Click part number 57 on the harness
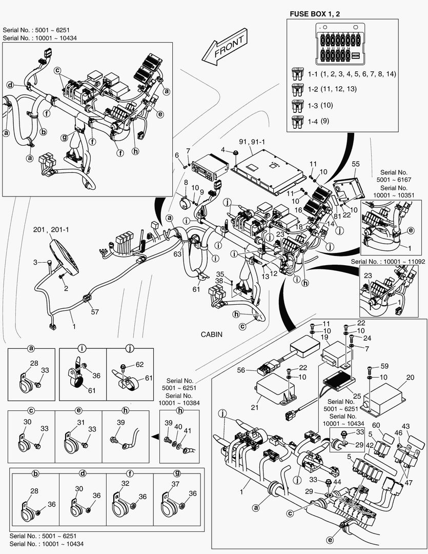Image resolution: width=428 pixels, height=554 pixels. point(94,311)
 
